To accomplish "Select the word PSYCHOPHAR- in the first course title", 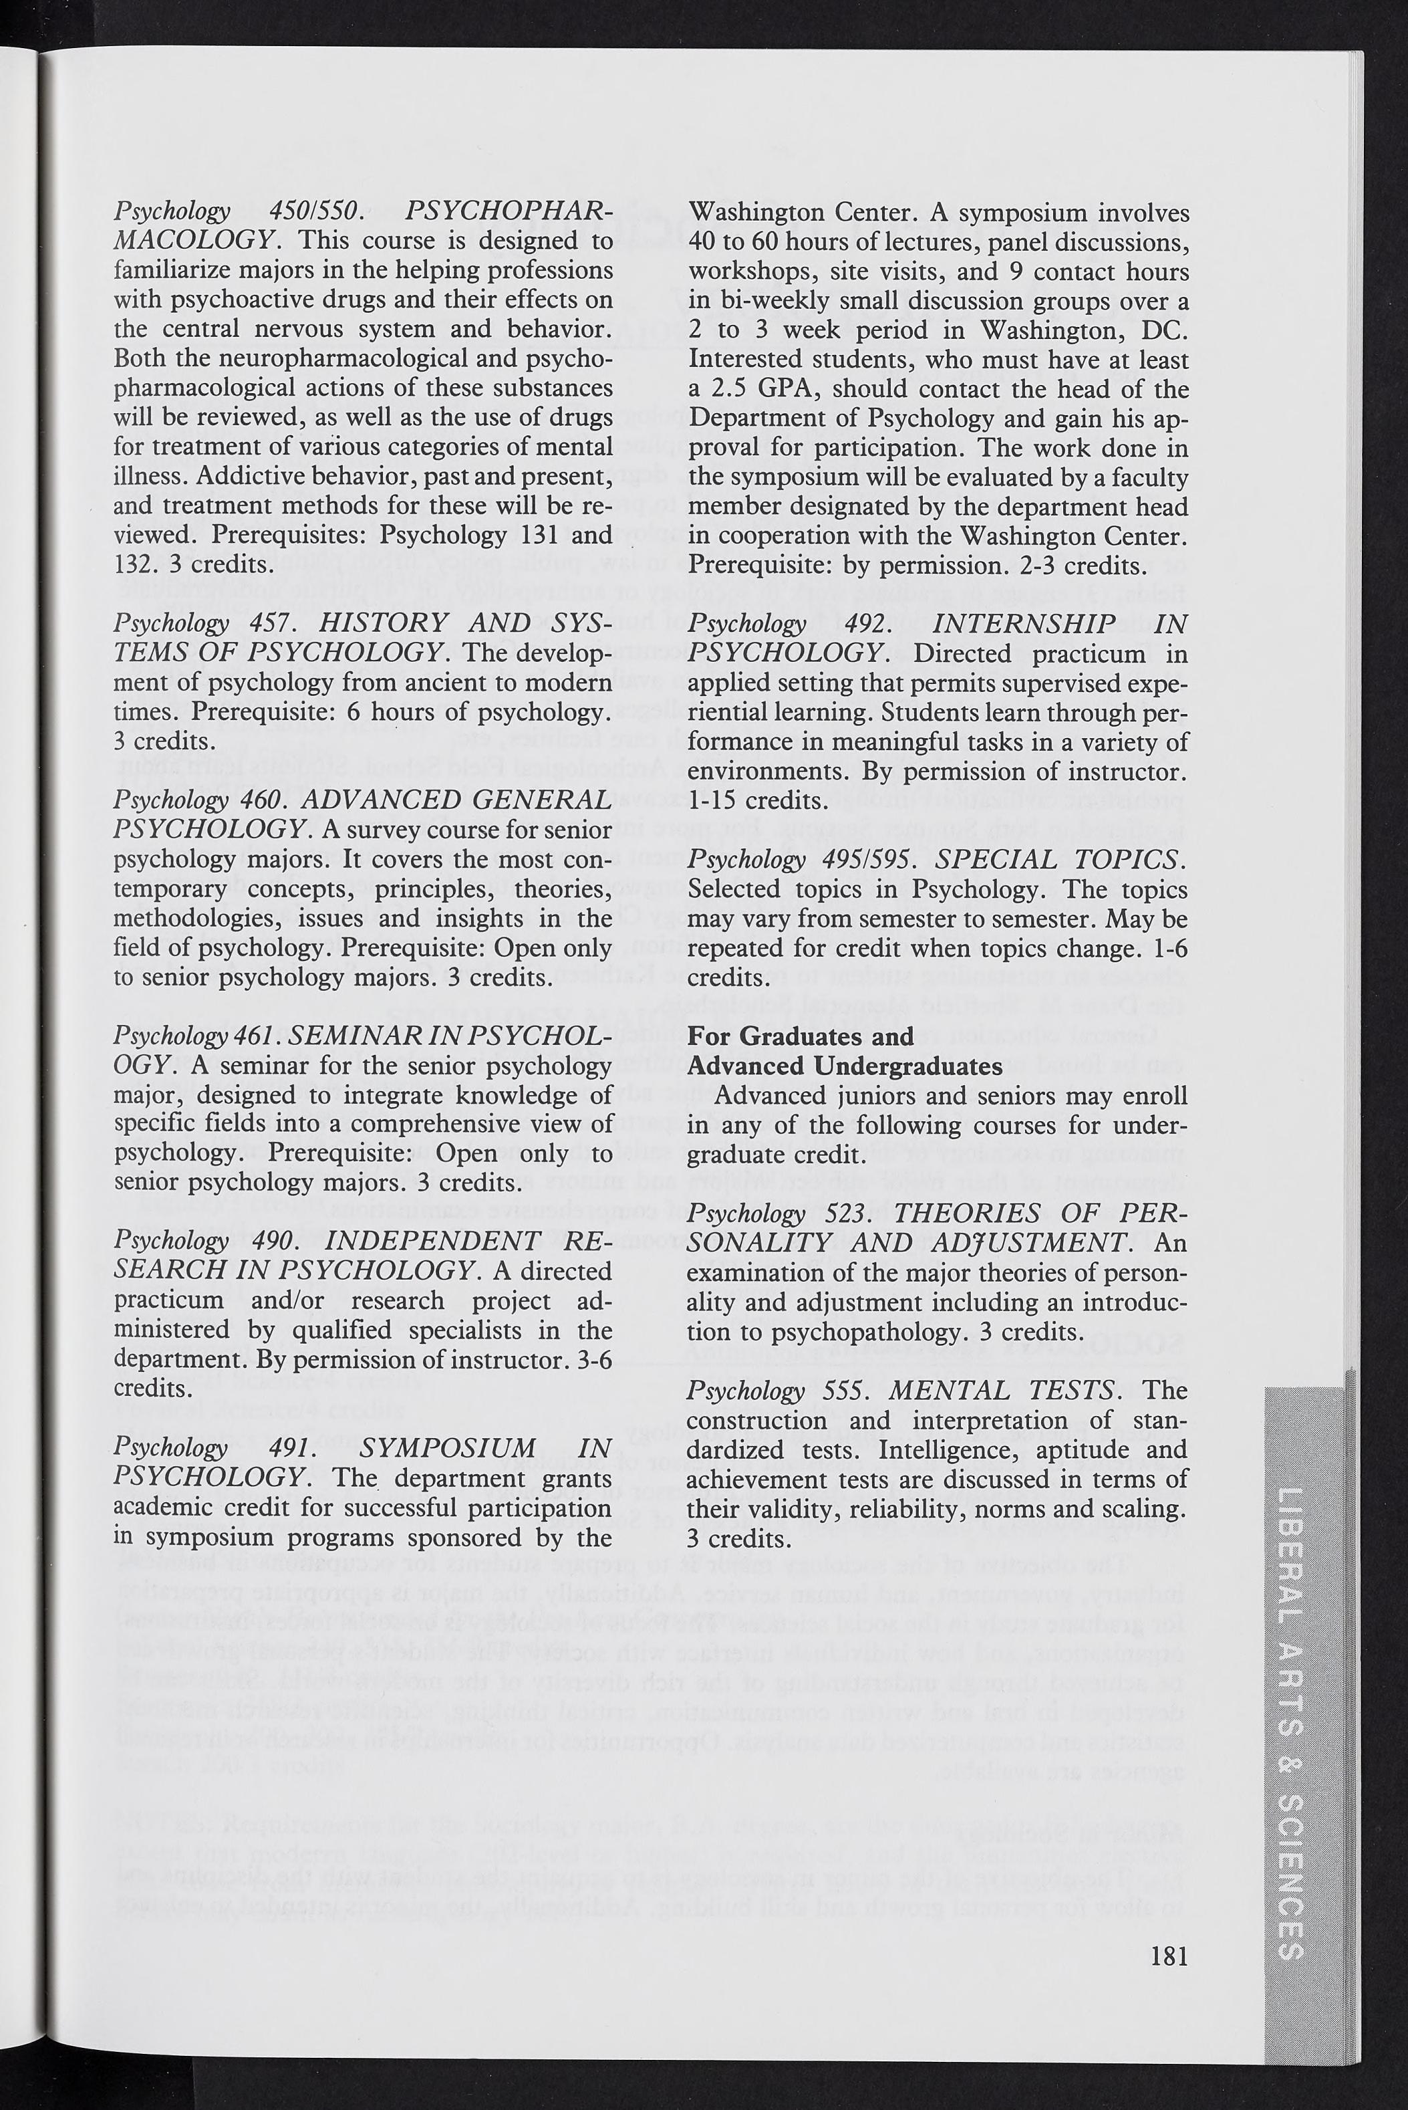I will (509, 212).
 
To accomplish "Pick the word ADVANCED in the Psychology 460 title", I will (382, 800).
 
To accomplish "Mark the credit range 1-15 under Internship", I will (716, 800).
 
